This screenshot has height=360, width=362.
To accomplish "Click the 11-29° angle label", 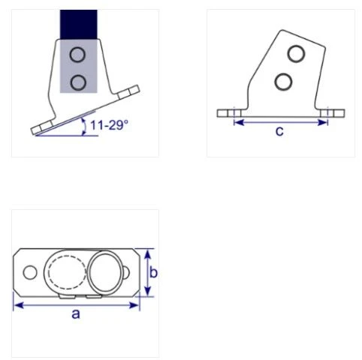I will pos(109,125).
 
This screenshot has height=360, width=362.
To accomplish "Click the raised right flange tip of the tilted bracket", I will pos(135,91).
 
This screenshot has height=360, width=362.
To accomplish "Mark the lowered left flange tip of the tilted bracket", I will pos(36,132).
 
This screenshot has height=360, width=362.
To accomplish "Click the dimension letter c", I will pos(279,132).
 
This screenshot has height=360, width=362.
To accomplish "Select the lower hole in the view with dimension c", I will pos(282,80).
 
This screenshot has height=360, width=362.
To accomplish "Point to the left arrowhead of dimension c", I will pos(237,121).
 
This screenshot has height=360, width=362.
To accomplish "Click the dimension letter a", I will pos(76,314).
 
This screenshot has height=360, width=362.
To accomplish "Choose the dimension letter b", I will pos(153,273).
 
